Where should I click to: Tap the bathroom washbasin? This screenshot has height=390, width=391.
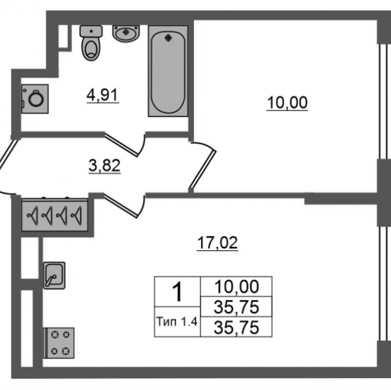click(127, 34)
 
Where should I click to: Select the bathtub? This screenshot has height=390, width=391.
click(168, 71)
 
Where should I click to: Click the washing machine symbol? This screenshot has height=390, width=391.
click(34, 98)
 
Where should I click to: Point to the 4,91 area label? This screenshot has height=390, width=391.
click(102, 95)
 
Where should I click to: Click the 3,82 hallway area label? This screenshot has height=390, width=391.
click(105, 166)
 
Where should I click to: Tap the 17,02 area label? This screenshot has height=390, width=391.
click(217, 243)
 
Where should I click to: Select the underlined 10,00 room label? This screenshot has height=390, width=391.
click(287, 103)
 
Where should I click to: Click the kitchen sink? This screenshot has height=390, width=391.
click(54, 275)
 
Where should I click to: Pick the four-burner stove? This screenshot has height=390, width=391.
click(59, 343)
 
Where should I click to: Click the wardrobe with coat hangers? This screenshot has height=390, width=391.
click(55, 215)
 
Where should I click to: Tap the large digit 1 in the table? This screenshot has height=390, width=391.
click(178, 292)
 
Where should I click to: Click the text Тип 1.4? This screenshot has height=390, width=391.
click(177, 322)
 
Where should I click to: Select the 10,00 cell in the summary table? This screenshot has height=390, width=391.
click(236, 287)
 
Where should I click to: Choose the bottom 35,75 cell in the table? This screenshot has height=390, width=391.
click(236, 327)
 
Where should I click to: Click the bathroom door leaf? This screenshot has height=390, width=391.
click(121, 145)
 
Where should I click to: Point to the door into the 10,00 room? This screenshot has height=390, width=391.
click(203, 169)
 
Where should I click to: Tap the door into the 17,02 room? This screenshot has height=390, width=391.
click(120, 206)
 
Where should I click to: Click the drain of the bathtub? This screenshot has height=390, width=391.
click(168, 38)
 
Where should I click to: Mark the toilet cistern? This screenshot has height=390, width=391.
click(91, 31)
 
